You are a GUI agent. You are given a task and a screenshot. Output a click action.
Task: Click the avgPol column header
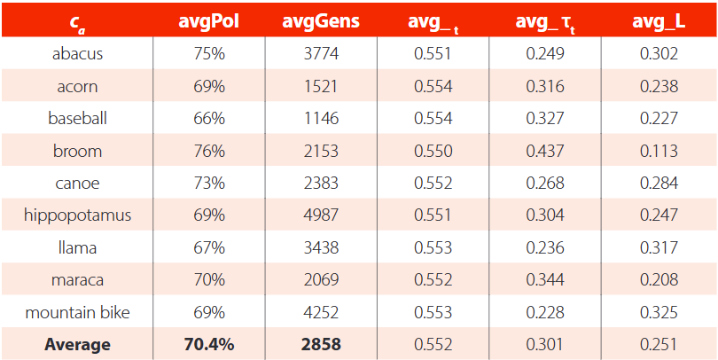[209, 21]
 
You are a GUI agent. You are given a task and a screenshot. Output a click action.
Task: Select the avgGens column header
[321, 21]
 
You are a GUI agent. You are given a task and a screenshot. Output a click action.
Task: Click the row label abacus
[77, 54]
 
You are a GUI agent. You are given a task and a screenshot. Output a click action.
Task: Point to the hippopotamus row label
[77, 215]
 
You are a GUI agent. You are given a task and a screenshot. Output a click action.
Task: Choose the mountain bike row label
[77, 312]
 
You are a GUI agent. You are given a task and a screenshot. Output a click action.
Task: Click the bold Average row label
[77, 345]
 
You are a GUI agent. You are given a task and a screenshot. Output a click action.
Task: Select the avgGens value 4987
[321, 215]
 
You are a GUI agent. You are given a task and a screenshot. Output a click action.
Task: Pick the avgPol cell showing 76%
[209, 151]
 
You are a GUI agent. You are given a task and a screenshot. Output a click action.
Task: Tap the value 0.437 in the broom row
[546, 151]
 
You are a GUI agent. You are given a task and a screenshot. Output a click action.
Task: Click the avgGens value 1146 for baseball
[321, 119]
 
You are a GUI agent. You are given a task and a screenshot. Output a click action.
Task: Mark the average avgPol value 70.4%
[209, 345]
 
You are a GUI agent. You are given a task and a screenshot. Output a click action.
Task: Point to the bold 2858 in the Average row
[321, 345]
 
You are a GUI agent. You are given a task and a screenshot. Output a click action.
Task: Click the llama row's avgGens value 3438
[321, 247]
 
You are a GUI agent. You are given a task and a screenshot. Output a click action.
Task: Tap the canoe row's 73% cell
[209, 184]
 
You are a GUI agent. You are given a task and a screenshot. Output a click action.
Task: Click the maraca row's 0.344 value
[546, 280]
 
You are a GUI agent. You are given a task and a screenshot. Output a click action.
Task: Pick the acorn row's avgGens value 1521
[321, 86]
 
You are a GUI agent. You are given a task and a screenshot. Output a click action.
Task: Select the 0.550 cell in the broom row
[433, 151]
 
